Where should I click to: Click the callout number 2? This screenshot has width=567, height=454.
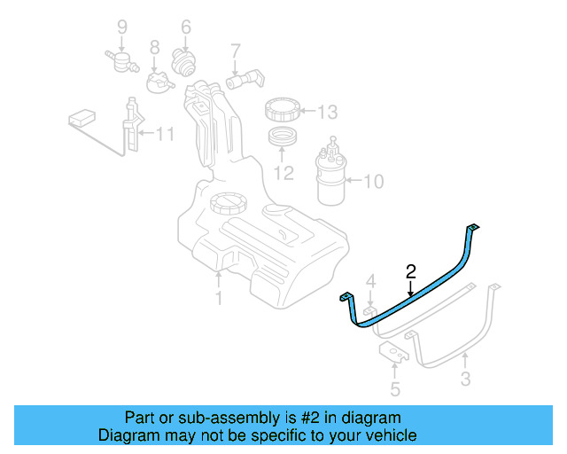410,271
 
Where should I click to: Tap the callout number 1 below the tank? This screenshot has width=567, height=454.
219,299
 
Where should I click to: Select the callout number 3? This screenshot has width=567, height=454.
465,380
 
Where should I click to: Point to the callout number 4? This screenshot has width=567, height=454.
371,282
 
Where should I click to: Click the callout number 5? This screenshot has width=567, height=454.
395,387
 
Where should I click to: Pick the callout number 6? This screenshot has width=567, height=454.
186,27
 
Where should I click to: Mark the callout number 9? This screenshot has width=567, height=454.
122,27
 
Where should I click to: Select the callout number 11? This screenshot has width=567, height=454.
165,135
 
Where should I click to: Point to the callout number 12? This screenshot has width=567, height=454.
283,172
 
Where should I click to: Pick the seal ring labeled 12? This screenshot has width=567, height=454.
283,138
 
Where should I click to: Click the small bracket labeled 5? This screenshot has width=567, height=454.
395,355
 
